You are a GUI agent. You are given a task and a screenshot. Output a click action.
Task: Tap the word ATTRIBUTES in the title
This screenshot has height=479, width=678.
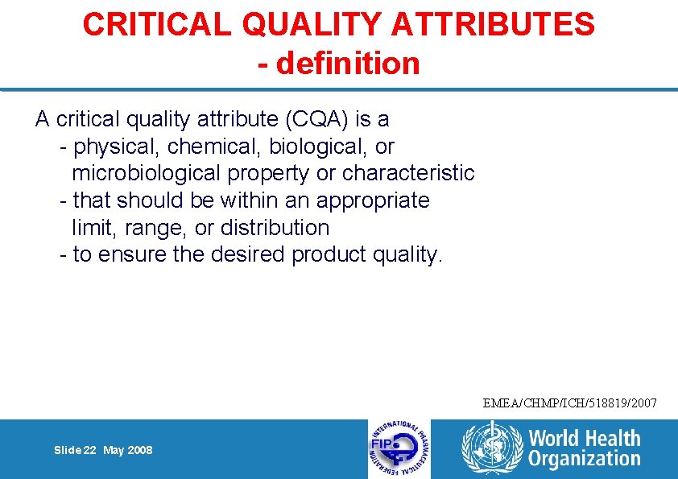pyautogui.click(x=494, y=24)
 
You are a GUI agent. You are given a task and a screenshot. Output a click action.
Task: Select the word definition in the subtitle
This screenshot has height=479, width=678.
pyautogui.click(x=348, y=63)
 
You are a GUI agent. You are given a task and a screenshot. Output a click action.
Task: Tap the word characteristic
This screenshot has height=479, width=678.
pyautogui.click(x=408, y=173)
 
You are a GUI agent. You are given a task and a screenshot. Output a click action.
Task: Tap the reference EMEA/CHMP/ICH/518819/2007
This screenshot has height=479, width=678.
pyautogui.click(x=570, y=402)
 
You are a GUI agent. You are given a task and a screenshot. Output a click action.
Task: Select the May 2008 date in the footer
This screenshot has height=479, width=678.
pyautogui.click(x=128, y=450)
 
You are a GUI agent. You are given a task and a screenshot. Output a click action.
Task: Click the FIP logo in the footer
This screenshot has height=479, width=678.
pyautogui.click(x=399, y=449)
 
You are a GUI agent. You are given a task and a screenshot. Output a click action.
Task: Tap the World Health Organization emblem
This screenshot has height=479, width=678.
pyautogui.click(x=490, y=449)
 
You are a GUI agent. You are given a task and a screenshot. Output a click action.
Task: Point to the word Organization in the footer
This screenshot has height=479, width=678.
pyautogui.click(x=585, y=459)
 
